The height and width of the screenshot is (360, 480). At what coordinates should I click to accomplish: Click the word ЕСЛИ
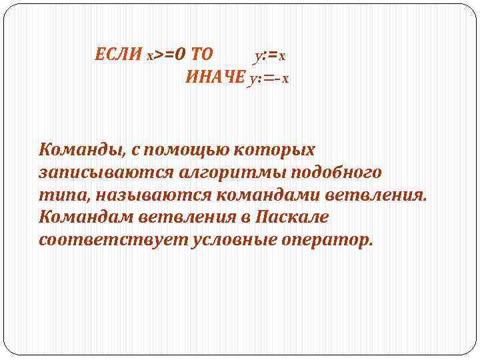tap(119, 54)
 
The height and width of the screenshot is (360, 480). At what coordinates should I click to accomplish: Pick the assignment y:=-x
tap(269, 78)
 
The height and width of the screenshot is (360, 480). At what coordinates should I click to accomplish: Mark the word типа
tap(63, 195)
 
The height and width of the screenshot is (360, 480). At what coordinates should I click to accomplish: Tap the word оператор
tap(329, 240)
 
